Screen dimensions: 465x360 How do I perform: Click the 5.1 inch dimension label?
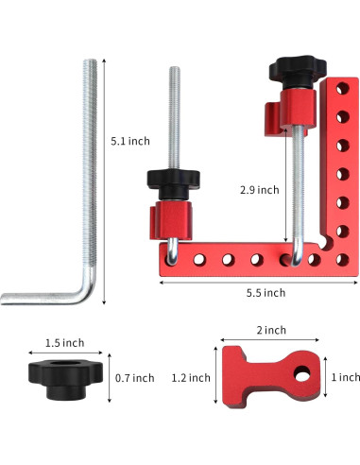(x=129, y=141)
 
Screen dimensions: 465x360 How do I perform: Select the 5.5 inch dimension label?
(x=262, y=292)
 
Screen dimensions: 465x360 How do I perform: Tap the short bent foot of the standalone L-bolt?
(x=28, y=297)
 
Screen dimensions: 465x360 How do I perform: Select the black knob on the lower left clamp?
(x=172, y=179)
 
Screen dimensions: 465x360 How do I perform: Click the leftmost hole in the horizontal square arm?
(x=174, y=257)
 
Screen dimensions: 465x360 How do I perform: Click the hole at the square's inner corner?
(x=336, y=256)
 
